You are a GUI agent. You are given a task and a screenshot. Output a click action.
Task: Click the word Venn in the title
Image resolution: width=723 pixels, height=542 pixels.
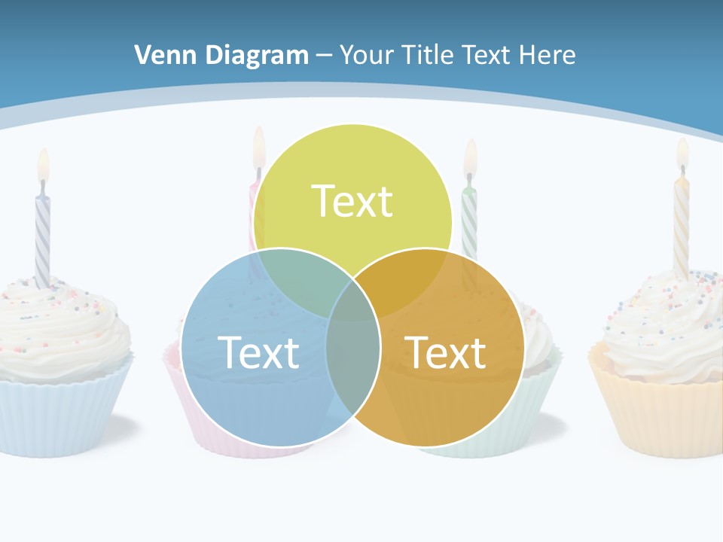pos(160,55)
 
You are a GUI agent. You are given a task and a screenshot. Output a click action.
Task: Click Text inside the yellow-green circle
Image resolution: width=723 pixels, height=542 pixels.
pos(352,201)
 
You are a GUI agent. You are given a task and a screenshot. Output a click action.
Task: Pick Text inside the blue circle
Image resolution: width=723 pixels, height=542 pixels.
pos(258,352)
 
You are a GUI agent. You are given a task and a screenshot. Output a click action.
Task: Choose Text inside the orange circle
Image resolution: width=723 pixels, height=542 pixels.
pos(445,352)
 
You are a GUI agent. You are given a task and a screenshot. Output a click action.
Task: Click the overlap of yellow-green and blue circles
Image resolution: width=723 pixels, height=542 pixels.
pos(297,279)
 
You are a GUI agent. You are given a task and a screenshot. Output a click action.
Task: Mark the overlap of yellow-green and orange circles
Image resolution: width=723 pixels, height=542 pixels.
pos(407,279)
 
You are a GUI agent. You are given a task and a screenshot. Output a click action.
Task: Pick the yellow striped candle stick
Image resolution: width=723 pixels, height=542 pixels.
pos(682,226)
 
